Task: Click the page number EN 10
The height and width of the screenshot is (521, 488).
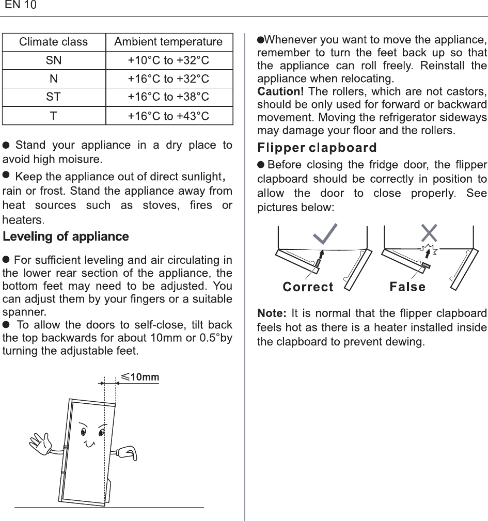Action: click(x=21, y=6)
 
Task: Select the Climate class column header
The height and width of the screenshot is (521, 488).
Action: click(x=54, y=42)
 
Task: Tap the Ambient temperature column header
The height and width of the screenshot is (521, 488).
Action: click(x=168, y=42)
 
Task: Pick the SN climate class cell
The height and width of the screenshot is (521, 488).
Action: click(x=54, y=60)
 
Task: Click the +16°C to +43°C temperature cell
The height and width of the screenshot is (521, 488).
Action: click(x=168, y=116)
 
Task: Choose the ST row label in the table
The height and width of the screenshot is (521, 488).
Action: click(x=54, y=97)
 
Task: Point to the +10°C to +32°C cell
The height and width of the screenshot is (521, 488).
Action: click(x=168, y=60)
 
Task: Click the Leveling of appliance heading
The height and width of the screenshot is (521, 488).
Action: click(x=66, y=237)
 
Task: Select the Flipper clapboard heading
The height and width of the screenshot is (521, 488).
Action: click(x=317, y=148)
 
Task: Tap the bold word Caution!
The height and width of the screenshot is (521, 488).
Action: click(x=280, y=92)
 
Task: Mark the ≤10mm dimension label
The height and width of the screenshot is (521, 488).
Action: click(x=140, y=377)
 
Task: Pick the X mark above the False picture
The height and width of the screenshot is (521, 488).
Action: click(x=429, y=233)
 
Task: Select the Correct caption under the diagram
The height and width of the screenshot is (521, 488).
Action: click(x=308, y=287)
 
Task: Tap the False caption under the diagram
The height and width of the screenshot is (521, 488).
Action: click(x=407, y=287)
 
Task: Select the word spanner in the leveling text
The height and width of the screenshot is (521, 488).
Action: click(x=24, y=312)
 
